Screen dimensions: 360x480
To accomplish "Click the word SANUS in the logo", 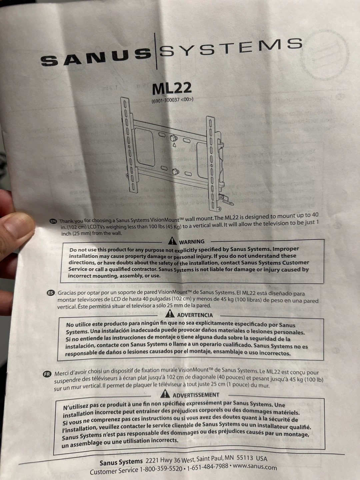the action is coord(96,57).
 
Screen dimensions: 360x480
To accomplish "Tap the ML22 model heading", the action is coord(172,88).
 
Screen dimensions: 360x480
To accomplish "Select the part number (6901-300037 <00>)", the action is coord(172,100).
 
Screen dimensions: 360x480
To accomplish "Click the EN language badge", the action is coord(53,221).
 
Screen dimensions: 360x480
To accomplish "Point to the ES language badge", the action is coord(51,293).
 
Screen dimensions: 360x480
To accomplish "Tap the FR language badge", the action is coord(47,374).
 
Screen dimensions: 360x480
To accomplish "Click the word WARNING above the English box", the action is coord(192,242).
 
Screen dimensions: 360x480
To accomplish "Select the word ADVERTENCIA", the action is coord(195,315).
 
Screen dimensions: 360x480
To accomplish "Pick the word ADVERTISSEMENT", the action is coord(196,395).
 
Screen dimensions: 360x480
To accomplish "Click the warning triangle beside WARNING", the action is coord(172,241).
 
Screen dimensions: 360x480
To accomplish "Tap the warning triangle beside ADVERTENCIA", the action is coord(170,313).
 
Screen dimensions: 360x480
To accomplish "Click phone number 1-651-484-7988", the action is coord(208,467).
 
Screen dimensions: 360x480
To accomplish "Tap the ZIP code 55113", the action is coord(245,458).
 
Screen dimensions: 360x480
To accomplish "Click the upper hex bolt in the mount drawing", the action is coord(174,138).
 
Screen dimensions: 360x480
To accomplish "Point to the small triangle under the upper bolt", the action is coord(174,145).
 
